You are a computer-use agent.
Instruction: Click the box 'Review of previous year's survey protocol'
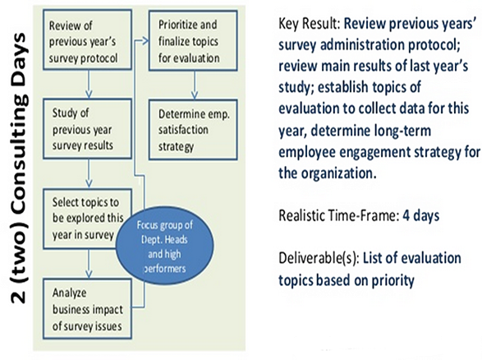[87, 39]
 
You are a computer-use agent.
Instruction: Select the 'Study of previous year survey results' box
[87, 129]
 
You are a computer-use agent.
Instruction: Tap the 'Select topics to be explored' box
[87, 219]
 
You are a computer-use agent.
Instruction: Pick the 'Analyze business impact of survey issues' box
[87, 308]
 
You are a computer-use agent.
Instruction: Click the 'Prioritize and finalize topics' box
[193, 40]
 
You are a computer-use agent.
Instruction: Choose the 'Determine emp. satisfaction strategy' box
[193, 130]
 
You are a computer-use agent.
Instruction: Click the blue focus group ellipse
[165, 245]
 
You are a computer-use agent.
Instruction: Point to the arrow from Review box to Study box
[89, 85]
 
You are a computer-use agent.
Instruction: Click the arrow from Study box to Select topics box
[89, 173]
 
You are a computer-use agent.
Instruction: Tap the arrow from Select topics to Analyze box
[89, 264]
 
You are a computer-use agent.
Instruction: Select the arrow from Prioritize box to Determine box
[195, 85]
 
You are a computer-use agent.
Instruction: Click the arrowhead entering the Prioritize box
[145, 40]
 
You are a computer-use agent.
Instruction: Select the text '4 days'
[421, 215]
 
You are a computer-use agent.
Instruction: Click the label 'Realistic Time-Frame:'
[339, 215]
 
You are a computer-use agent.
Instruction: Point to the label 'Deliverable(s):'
[319, 259]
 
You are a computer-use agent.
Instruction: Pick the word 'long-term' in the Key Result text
[402, 131]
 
